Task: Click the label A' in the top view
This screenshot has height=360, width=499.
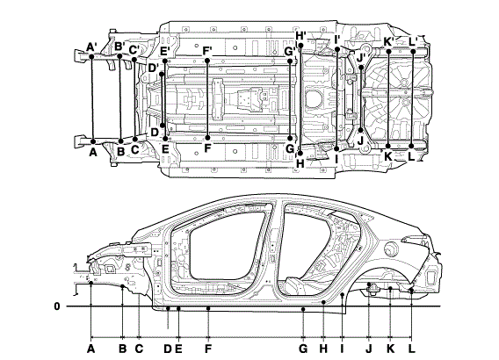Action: [x=91, y=47]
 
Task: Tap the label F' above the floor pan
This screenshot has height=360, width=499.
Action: [x=207, y=51]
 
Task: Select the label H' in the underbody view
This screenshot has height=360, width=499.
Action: [x=300, y=36]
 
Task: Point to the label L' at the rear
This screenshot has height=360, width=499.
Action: [x=413, y=41]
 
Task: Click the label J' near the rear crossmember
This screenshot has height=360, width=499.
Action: [x=361, y=59]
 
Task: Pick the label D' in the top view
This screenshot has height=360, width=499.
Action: [x=154, y=68]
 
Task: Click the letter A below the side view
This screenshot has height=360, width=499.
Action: [x=91, y=349]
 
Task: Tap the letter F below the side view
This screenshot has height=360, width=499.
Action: [x=208, y=349]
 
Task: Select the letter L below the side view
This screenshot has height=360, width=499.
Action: [x=412, y=349]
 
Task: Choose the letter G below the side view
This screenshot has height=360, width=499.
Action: [x=303, y=349]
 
